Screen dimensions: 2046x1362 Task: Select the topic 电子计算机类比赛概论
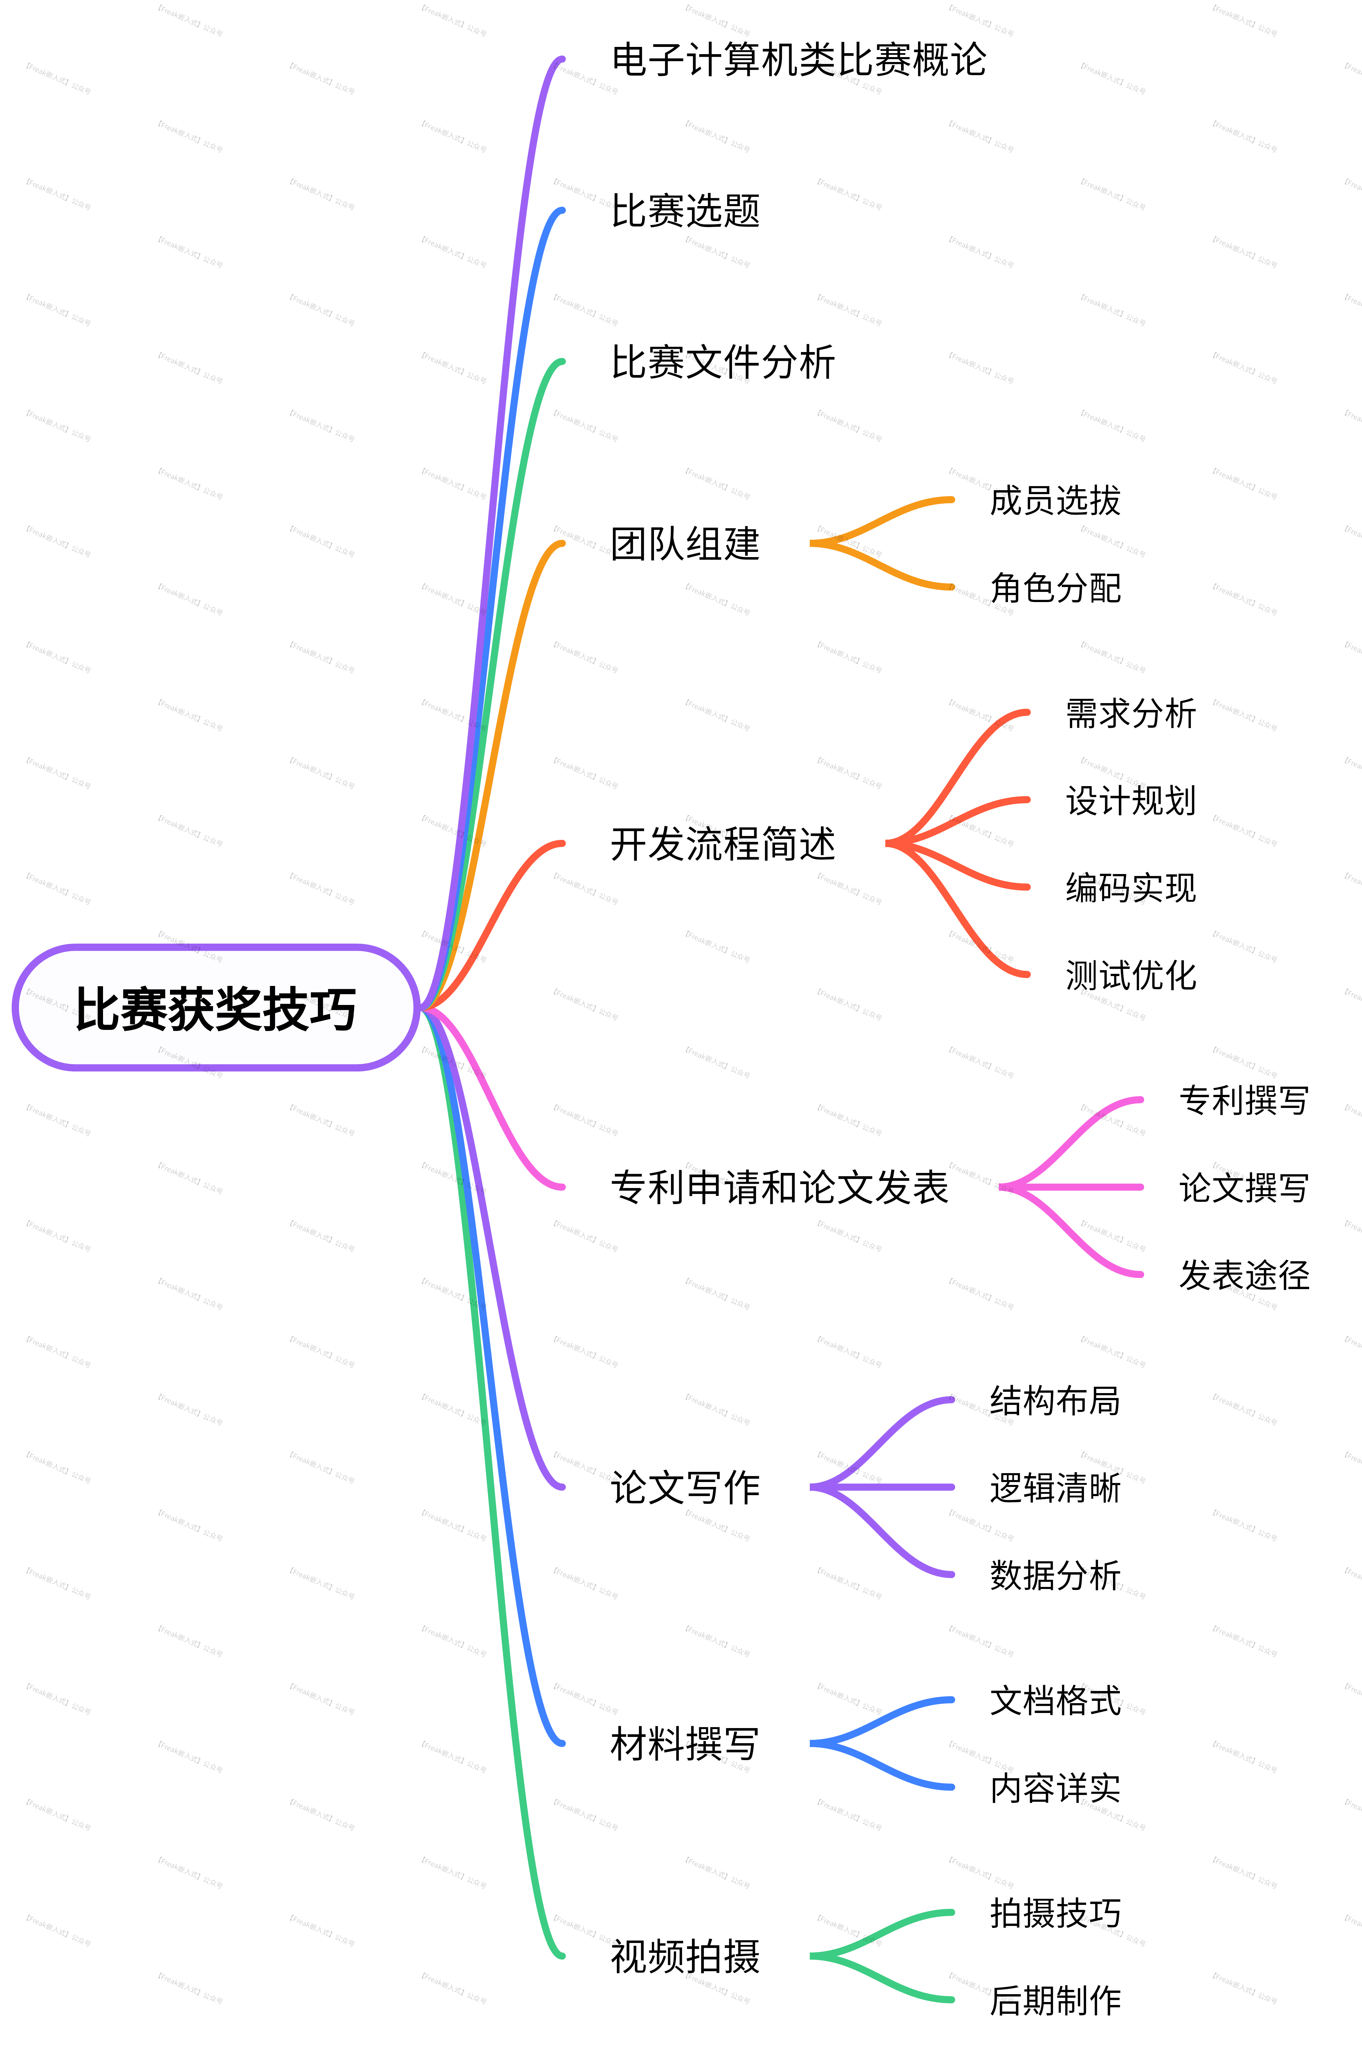click(798, 60)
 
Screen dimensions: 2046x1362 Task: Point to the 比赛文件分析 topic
click(723, 362)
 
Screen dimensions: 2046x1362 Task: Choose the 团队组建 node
click(685, 545)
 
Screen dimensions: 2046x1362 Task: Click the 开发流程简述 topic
click(723, 843)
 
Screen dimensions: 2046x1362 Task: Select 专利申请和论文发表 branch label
click(779, 1187)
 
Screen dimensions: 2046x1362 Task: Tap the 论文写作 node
click(685, 1488)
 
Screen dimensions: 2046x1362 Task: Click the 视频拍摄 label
click(685, 1956)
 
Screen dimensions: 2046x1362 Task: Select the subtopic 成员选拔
click(1055, 501)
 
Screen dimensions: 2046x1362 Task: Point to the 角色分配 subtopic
click(1055, 588)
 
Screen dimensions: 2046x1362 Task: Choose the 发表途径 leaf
click(1244, 1275)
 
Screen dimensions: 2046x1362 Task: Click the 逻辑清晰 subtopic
click(1055, 1488)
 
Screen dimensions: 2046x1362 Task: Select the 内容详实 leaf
click(1055, 1788)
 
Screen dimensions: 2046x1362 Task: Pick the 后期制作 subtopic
click(1055, 2000)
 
